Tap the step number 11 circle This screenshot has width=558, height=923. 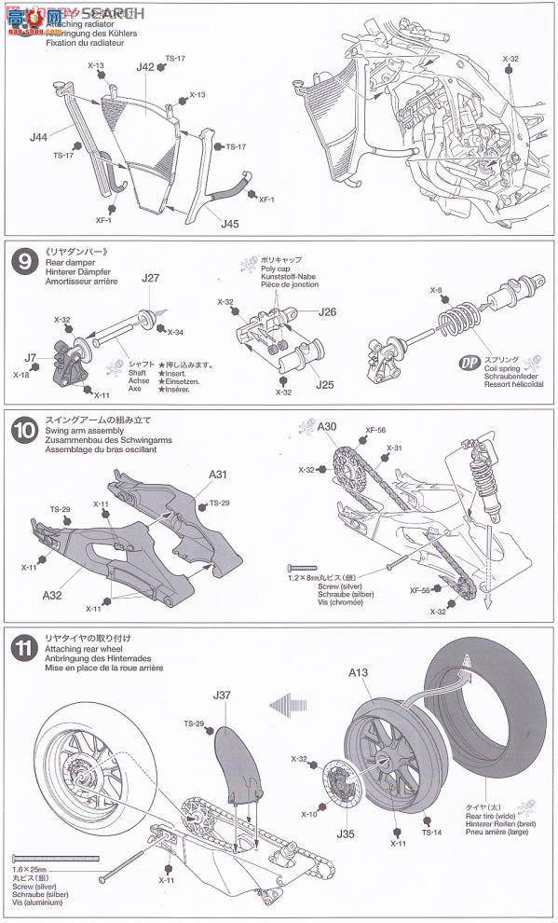pos(22,646)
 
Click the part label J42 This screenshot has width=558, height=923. pos(144,67)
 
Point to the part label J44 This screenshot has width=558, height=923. pos(37,137)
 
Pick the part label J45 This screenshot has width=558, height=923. pos(230,223)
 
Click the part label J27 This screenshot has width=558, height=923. pos(151,277)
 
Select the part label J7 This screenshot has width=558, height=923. pos(31,357)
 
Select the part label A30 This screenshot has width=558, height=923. pos(327,426)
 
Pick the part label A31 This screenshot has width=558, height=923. pos(217,475)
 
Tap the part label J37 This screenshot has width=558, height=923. pos(221,694)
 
